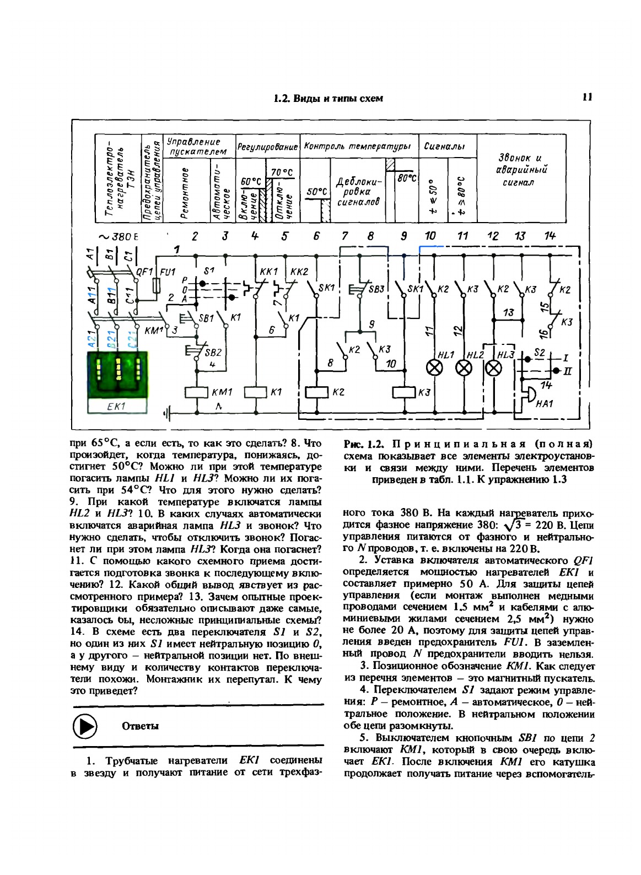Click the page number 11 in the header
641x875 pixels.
[586, 98]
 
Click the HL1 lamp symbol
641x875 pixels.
[435, 369]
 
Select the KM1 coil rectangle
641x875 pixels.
[197, 392]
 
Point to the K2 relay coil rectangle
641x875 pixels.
[316, 392]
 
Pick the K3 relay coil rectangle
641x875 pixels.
[403, 392]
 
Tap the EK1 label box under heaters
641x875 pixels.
[117, 406]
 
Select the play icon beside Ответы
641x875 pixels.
[85, 726]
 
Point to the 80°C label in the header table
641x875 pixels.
[407, 179]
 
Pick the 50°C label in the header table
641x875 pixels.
[316, 192]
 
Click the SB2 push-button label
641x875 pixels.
[213, 353]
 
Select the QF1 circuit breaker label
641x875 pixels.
[144, 271]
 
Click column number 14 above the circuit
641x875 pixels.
[550, 236]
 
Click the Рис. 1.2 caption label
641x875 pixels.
[363, 444]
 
